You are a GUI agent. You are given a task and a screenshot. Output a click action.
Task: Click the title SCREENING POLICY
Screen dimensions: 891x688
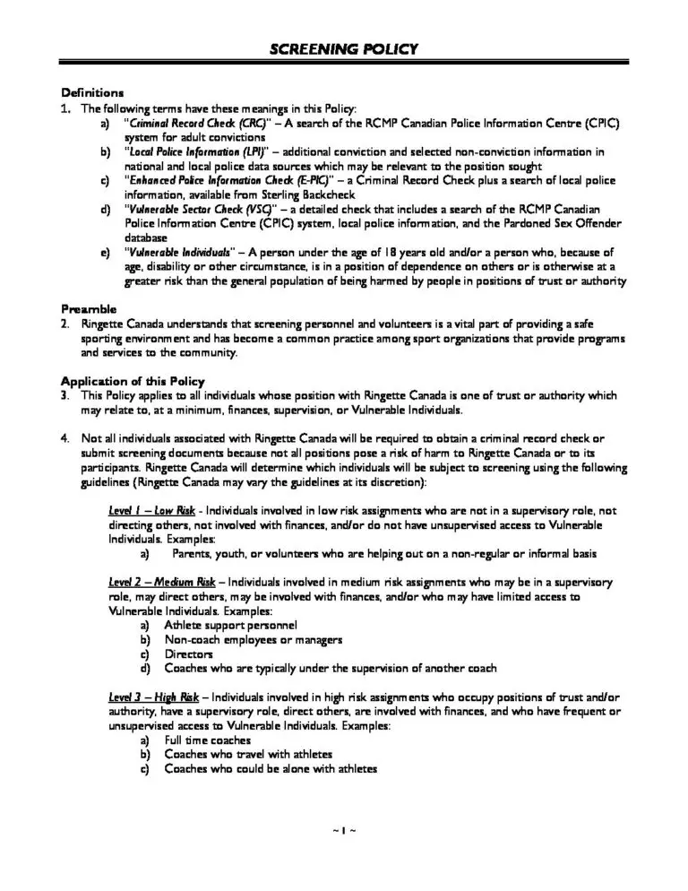[x=344, y=49]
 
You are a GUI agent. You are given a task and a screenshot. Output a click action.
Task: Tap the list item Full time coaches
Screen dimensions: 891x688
[x=208, y=740]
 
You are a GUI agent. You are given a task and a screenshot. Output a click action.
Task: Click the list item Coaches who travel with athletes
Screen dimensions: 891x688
[x=248, y=755]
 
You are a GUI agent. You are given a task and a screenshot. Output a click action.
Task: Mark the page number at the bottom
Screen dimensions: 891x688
[x=344, y=831]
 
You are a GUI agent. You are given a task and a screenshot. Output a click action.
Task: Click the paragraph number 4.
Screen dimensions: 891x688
[x=64, y=438]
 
